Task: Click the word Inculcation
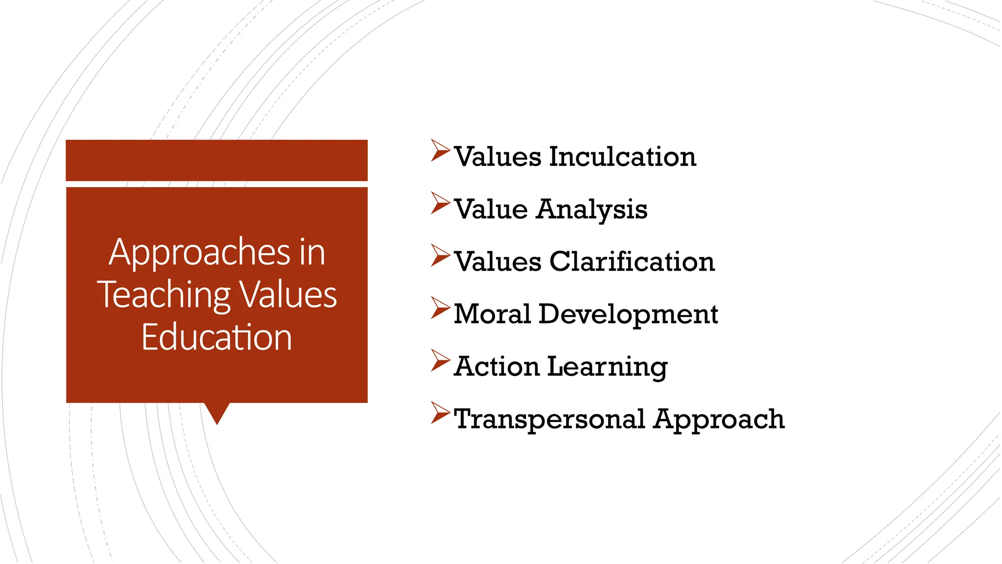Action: click(622, 157)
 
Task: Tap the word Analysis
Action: click(592, 210)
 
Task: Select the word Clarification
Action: click(632, 261)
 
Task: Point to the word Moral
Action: click(492, 314)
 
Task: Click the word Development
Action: click(628, 315)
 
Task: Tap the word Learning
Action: click(607, 367)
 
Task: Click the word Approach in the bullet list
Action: click(719, 420)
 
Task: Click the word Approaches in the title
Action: click(200, 253)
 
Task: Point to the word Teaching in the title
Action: click(164, 295)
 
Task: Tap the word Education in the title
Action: click(217, 337)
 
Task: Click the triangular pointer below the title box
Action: click(217, 411)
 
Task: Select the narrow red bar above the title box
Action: click(217, 160)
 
